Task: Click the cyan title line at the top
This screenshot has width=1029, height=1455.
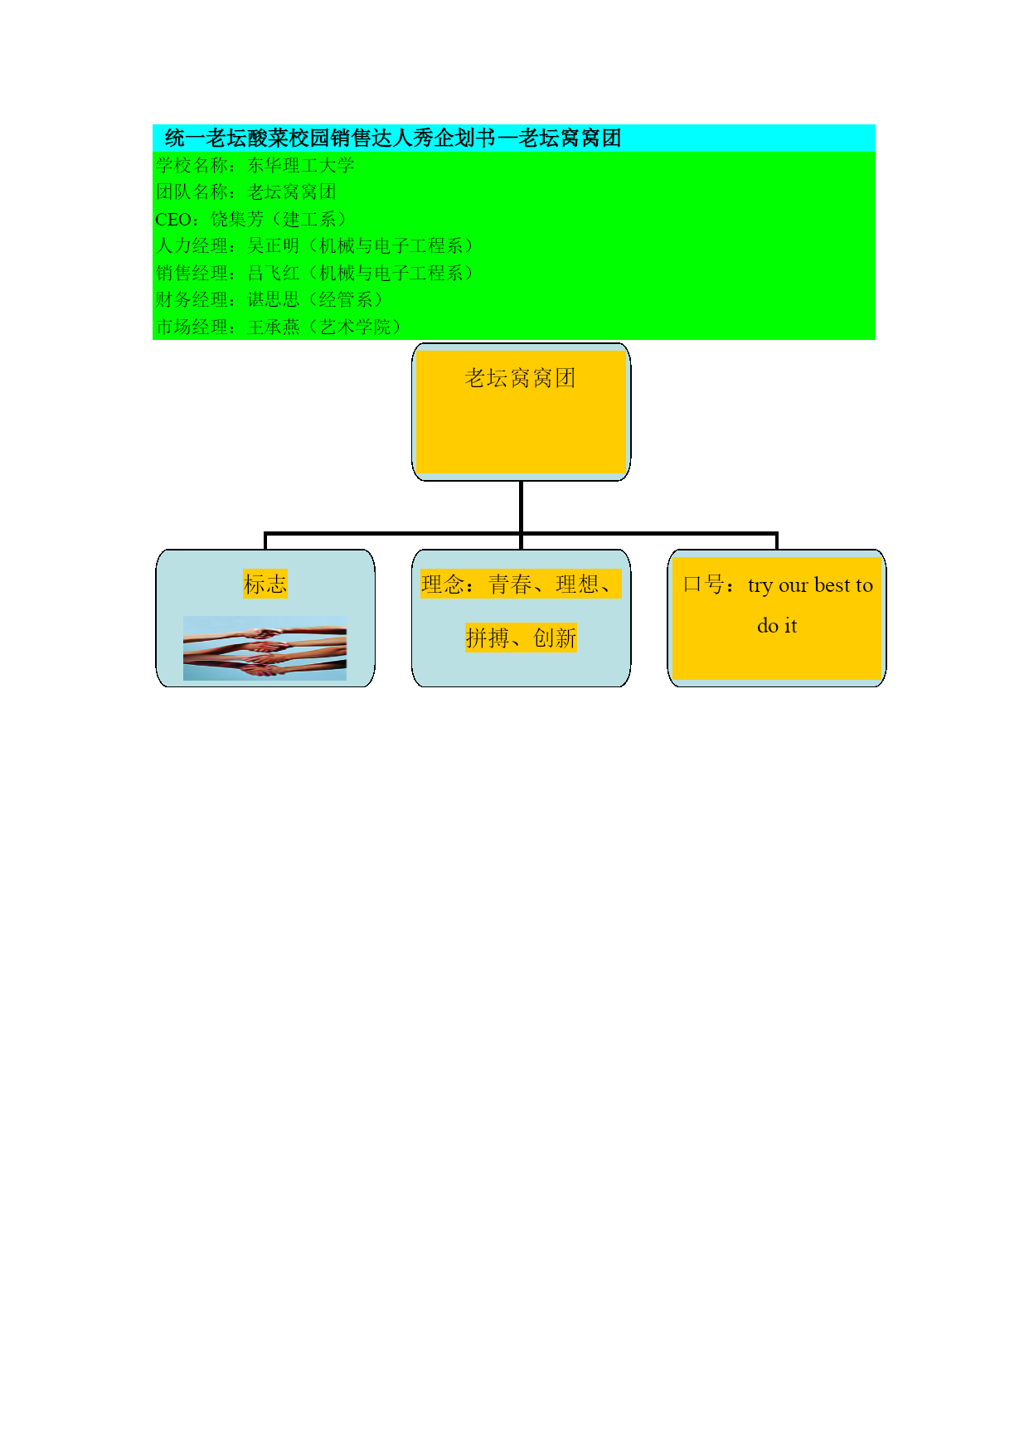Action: pos(393,138)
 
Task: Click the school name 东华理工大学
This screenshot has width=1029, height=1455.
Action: pos(301,165)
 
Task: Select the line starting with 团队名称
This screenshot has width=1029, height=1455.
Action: pos(245,192)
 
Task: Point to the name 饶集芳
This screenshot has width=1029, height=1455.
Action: pos(237,219)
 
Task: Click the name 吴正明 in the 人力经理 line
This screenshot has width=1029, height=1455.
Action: pos(274,246)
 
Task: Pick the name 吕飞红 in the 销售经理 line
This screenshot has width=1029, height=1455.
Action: pos(274,273)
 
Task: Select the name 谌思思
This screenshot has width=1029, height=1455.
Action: pos(274,299)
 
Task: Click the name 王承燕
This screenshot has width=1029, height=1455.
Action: pos(274,327)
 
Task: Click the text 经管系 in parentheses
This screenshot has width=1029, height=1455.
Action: pos(346,299)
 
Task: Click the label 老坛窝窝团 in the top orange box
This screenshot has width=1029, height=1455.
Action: pos(520,378)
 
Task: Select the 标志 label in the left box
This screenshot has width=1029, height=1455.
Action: pos(265,584)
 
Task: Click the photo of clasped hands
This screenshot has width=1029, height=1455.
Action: pos(265,648)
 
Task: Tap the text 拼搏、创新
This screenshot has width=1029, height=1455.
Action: pos(521,638)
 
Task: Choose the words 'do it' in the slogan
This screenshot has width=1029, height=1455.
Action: pos(777,626)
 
